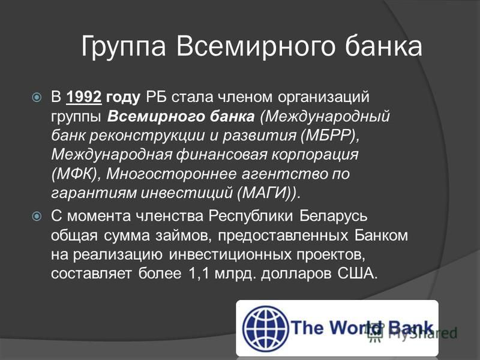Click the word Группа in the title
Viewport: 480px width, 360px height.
[x=124, y=47]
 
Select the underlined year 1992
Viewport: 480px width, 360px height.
[x=83, y=97]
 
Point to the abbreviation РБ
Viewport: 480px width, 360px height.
[x=156, y=97]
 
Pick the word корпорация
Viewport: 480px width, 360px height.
[x=315, y=155]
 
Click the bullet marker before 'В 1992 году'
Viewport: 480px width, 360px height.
[x=37, y=97]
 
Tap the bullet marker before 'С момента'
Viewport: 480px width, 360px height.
[x=37, y=217]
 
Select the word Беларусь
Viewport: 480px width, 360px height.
[x=333, y=216]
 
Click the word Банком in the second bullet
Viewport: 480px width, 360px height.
[x=381, y=235]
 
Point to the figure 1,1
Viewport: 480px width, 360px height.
[x=199, y=274]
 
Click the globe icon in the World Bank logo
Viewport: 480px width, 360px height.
[x=265, y=328]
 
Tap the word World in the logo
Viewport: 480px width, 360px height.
[x=355, y=328]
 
